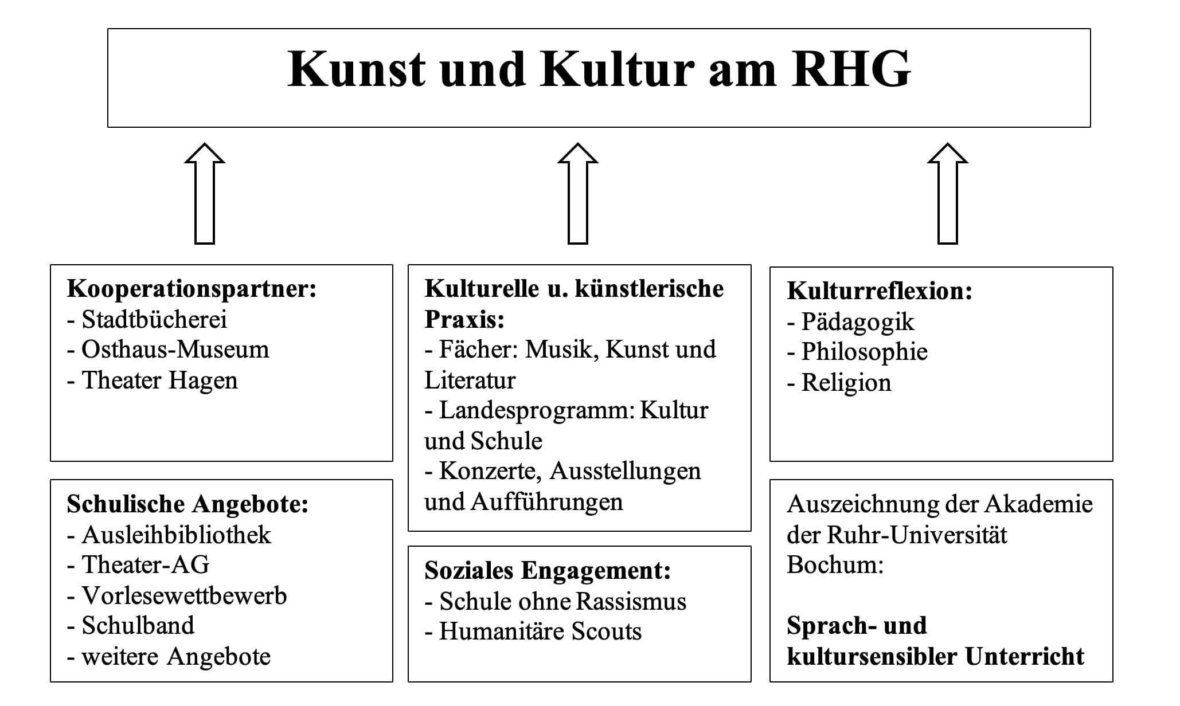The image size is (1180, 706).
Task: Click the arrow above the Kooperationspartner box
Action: click(205, 194)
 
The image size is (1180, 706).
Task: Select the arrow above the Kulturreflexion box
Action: click(948, 194)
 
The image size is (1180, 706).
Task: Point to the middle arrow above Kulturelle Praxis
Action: click(578, 194)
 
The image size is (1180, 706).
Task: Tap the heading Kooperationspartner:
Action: click(192, 289)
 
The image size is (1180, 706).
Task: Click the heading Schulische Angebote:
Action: click(187, 505)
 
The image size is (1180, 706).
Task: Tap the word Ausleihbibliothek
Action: click(177, 535)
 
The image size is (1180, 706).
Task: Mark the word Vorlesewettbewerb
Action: click(184, 595)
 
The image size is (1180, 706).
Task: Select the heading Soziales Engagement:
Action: click(548, 571)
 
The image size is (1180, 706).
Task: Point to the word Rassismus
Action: click(631, 602)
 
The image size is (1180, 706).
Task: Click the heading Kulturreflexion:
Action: click(880, 291)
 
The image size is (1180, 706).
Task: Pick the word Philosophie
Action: click(865, 352)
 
